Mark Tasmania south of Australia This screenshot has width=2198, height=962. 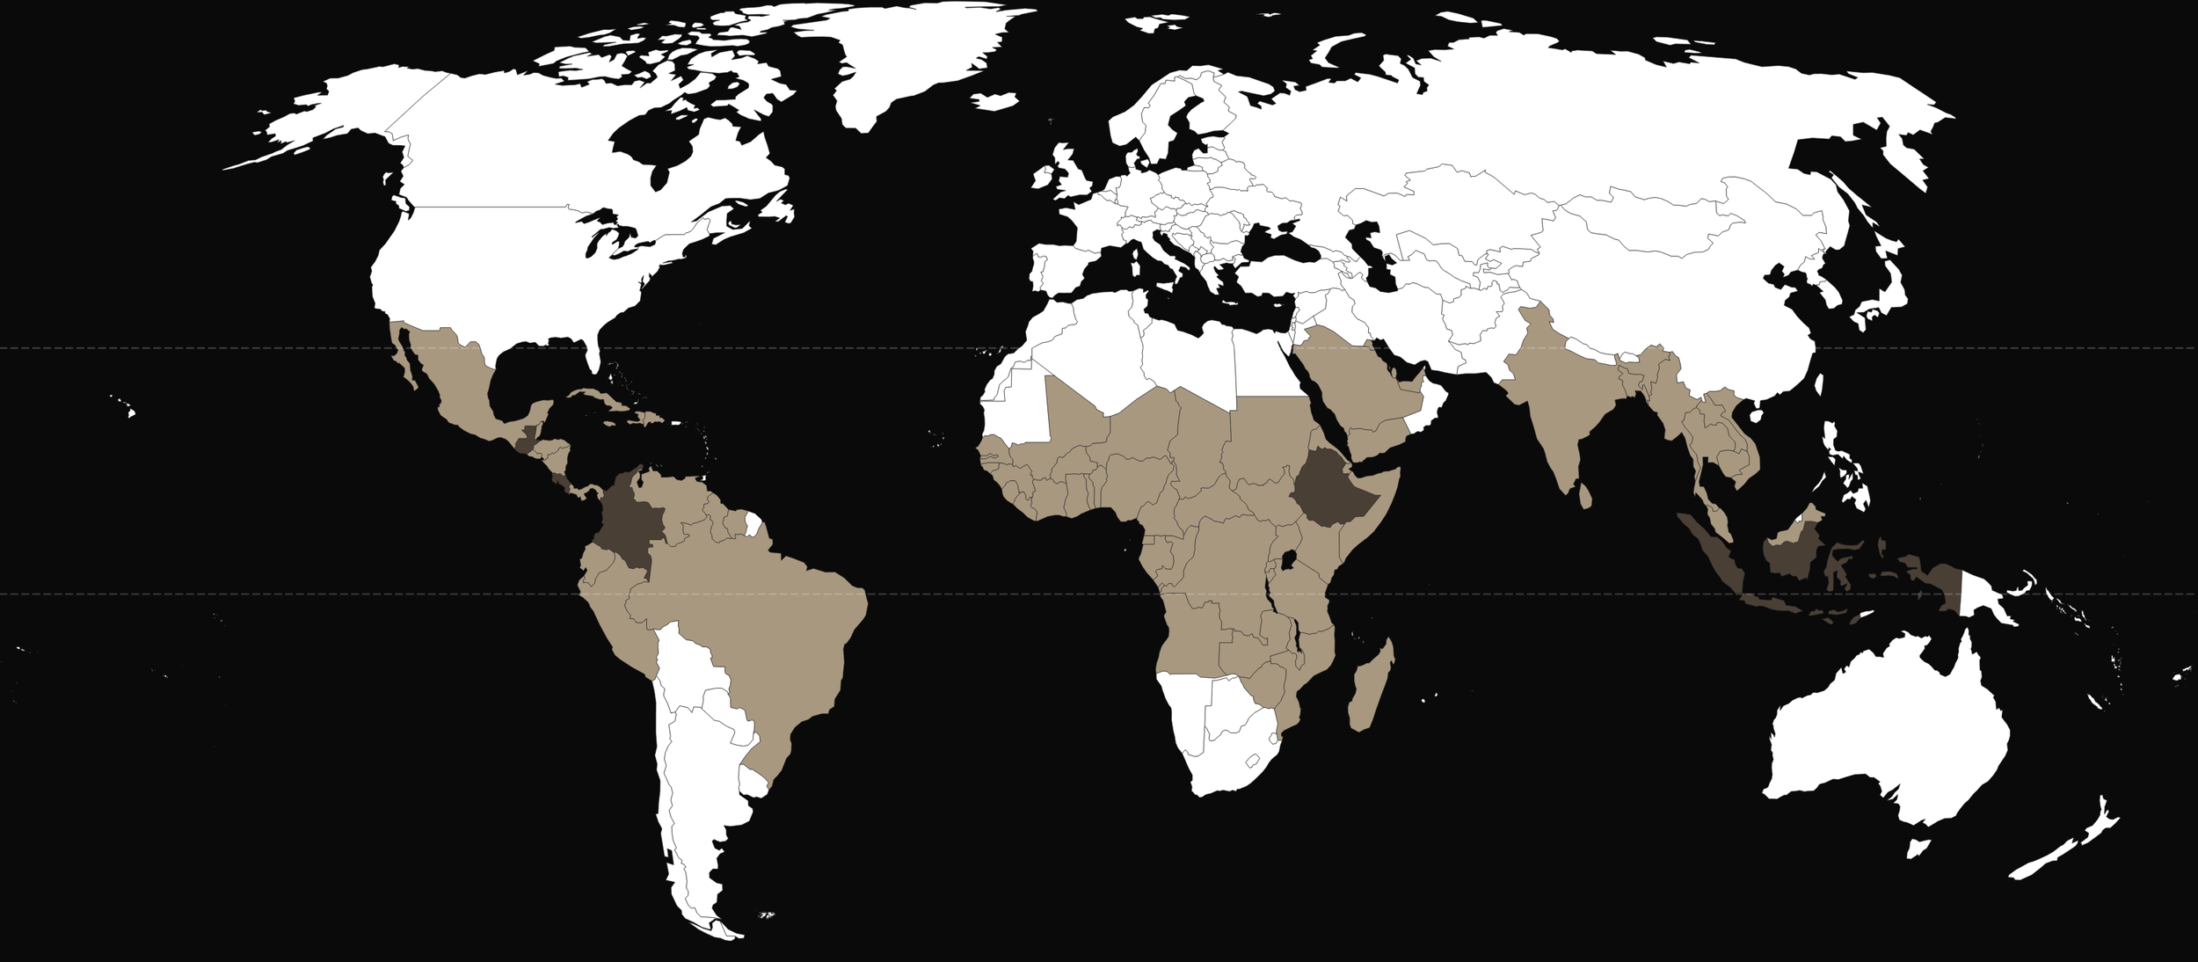pyautogui.click(x=1918, y=849)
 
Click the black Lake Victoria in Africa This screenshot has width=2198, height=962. pyautogui.click(x=1290, y=560)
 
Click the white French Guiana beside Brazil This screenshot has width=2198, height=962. pyautogui.click(x=753, y=525)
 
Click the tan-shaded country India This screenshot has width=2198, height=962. pyautogui.click(x=1556, y=396)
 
